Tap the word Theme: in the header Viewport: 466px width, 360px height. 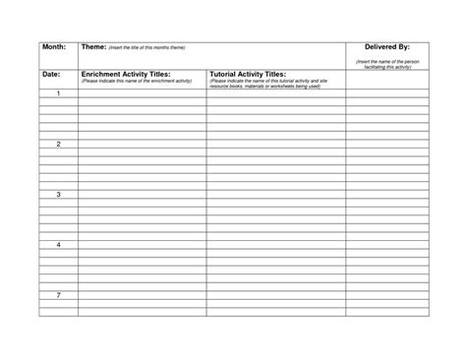click(x=94, y=47)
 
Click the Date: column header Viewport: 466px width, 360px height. click(x=51, y=74)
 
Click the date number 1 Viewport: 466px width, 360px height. click(x=58, y=93)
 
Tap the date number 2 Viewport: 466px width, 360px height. click(x=58, y=144)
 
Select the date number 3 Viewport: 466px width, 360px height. click(x=58, y=195)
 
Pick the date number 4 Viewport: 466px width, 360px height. click(x=58, y=245)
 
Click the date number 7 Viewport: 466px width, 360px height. click(x=58, y=295)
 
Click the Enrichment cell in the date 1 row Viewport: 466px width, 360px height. click(x=142, y=93)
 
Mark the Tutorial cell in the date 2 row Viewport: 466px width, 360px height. click(x=275, y=144)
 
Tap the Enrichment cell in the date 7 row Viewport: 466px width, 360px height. click(x=142, y=295)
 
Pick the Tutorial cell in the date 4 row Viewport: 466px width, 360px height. click(x=275, y=245)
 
